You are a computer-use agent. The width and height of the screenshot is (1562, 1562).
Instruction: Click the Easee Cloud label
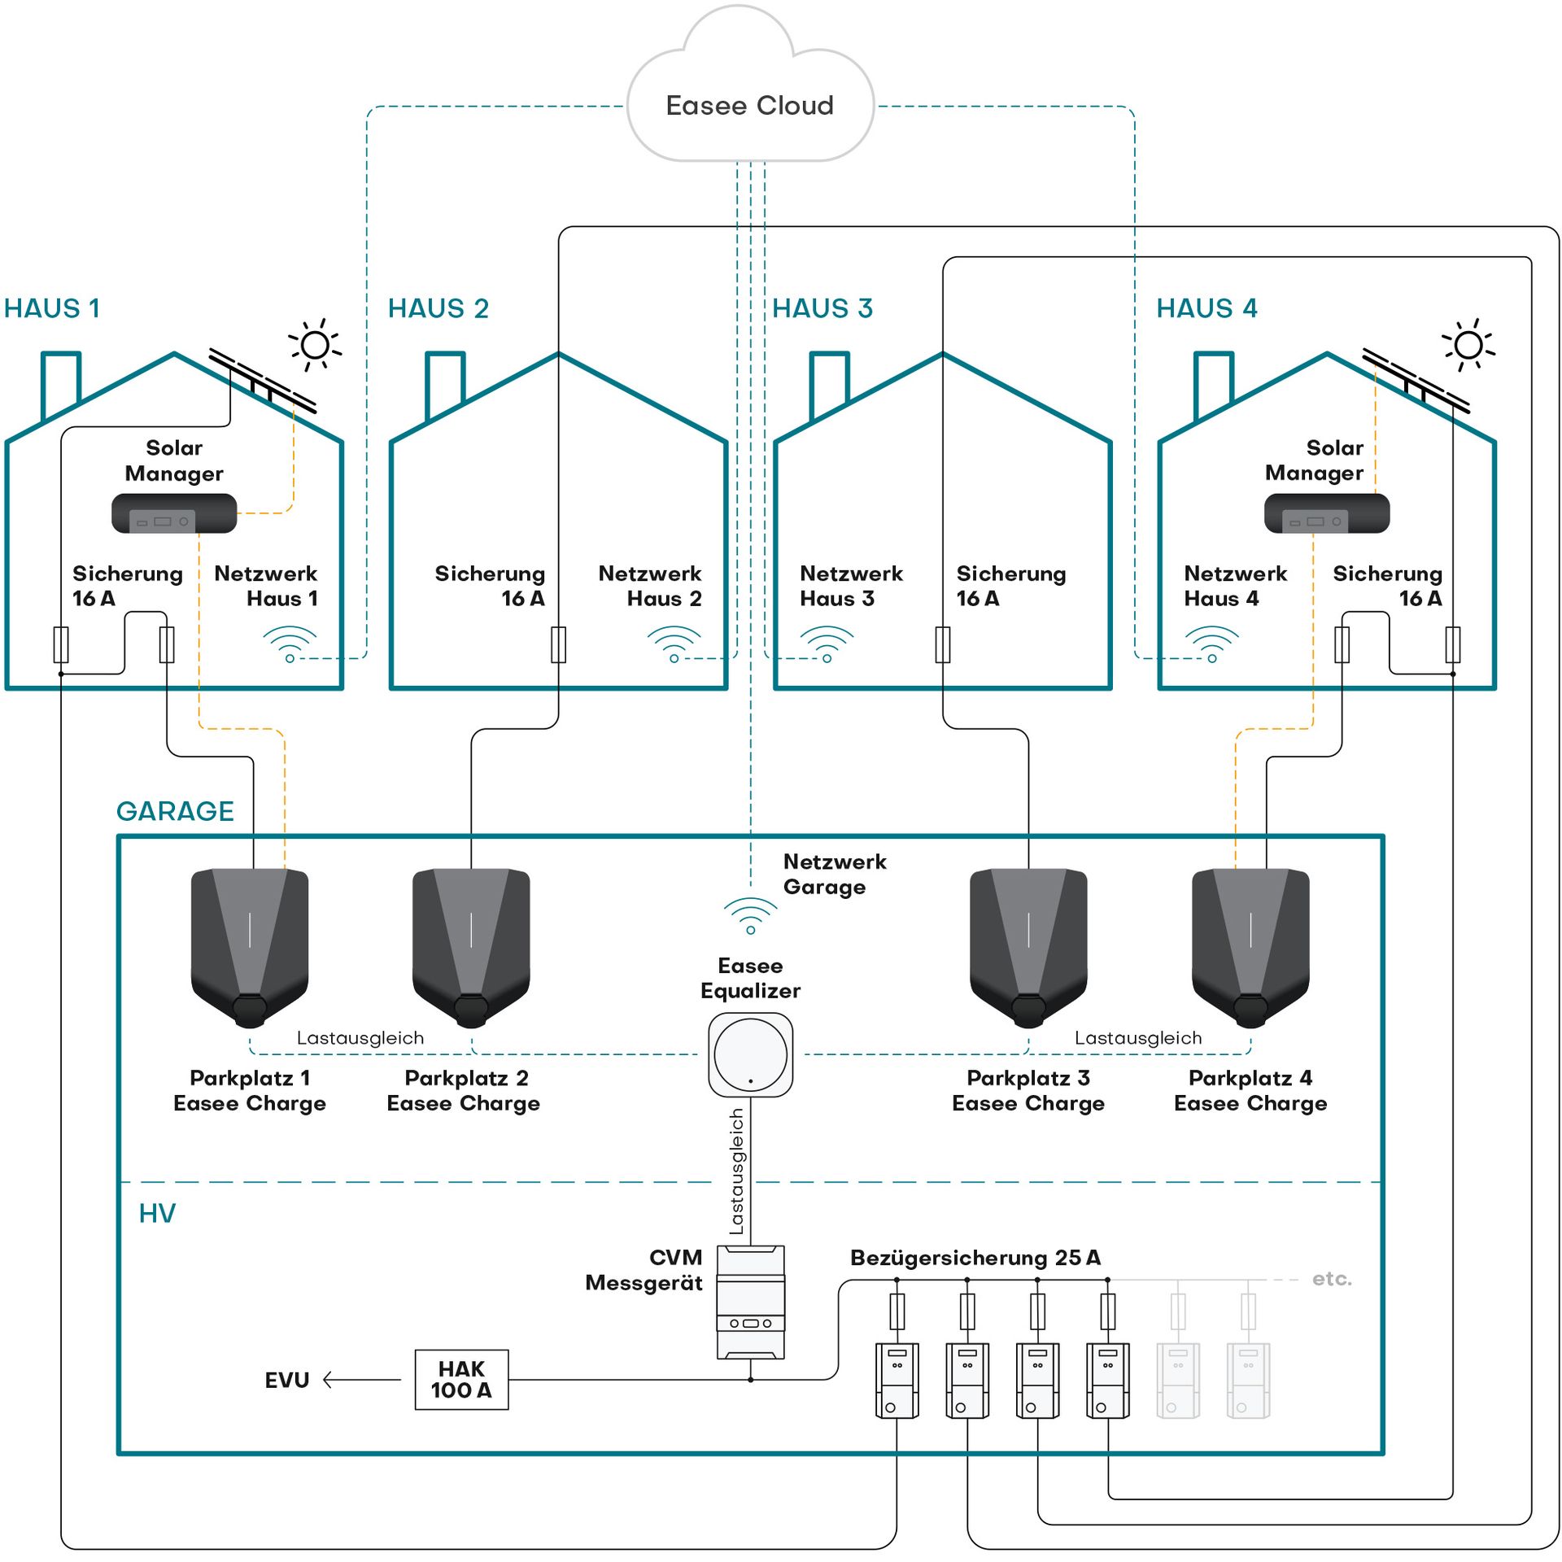tap(749, 106)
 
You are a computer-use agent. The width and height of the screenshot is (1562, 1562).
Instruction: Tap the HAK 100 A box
tap(461, 1379)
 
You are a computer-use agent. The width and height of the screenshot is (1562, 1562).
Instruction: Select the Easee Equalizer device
tap(750, 1054)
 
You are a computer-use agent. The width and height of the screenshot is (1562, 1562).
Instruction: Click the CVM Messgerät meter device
tap(750, 1302)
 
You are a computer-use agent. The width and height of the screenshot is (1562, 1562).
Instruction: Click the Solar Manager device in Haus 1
tap(174, 513)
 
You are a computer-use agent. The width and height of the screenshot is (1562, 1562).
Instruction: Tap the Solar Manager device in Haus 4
tap(1326, 513)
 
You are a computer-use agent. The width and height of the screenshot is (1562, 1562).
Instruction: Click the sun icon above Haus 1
tap(315, 345)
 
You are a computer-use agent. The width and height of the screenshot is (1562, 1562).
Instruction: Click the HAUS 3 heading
tap(822, 308)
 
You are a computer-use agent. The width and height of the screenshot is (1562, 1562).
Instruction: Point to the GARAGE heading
tap(175, 811)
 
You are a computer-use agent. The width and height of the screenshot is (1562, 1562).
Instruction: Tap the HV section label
tap(157, 1213)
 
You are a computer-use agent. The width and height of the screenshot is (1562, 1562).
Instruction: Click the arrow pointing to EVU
tap(362, 1380)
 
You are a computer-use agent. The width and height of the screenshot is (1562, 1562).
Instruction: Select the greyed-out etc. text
tap(1332, 1279)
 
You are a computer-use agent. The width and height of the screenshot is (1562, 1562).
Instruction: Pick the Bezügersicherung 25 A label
tap(975, 1258)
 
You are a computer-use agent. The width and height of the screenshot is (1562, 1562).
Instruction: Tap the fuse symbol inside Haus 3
tap(942, 644)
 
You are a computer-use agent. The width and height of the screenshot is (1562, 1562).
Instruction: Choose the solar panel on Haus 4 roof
tap(1416, 379)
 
